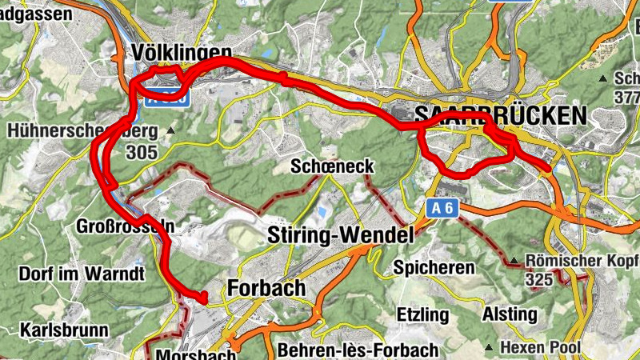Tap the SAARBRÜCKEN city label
[x=500, y=115]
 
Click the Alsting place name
[x=510, y=314]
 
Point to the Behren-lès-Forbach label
[x=358, y=350]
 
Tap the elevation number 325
[x=539, y=280]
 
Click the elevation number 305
[x=141, y=151]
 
